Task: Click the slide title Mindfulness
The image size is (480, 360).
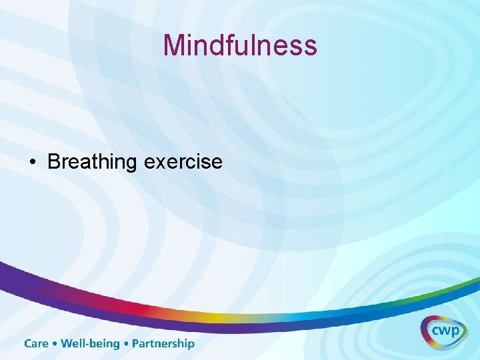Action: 240,45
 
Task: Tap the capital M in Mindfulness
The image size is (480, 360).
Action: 174,45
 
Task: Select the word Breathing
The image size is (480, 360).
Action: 92,162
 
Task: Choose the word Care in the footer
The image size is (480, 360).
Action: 37,343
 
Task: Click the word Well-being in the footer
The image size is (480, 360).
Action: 90,343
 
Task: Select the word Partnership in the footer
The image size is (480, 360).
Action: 163,343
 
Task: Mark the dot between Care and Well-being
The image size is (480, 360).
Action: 55,344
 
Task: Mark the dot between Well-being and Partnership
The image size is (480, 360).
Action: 126,344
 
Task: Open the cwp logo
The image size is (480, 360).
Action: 443,330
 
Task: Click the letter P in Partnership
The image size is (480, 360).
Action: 136,343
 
